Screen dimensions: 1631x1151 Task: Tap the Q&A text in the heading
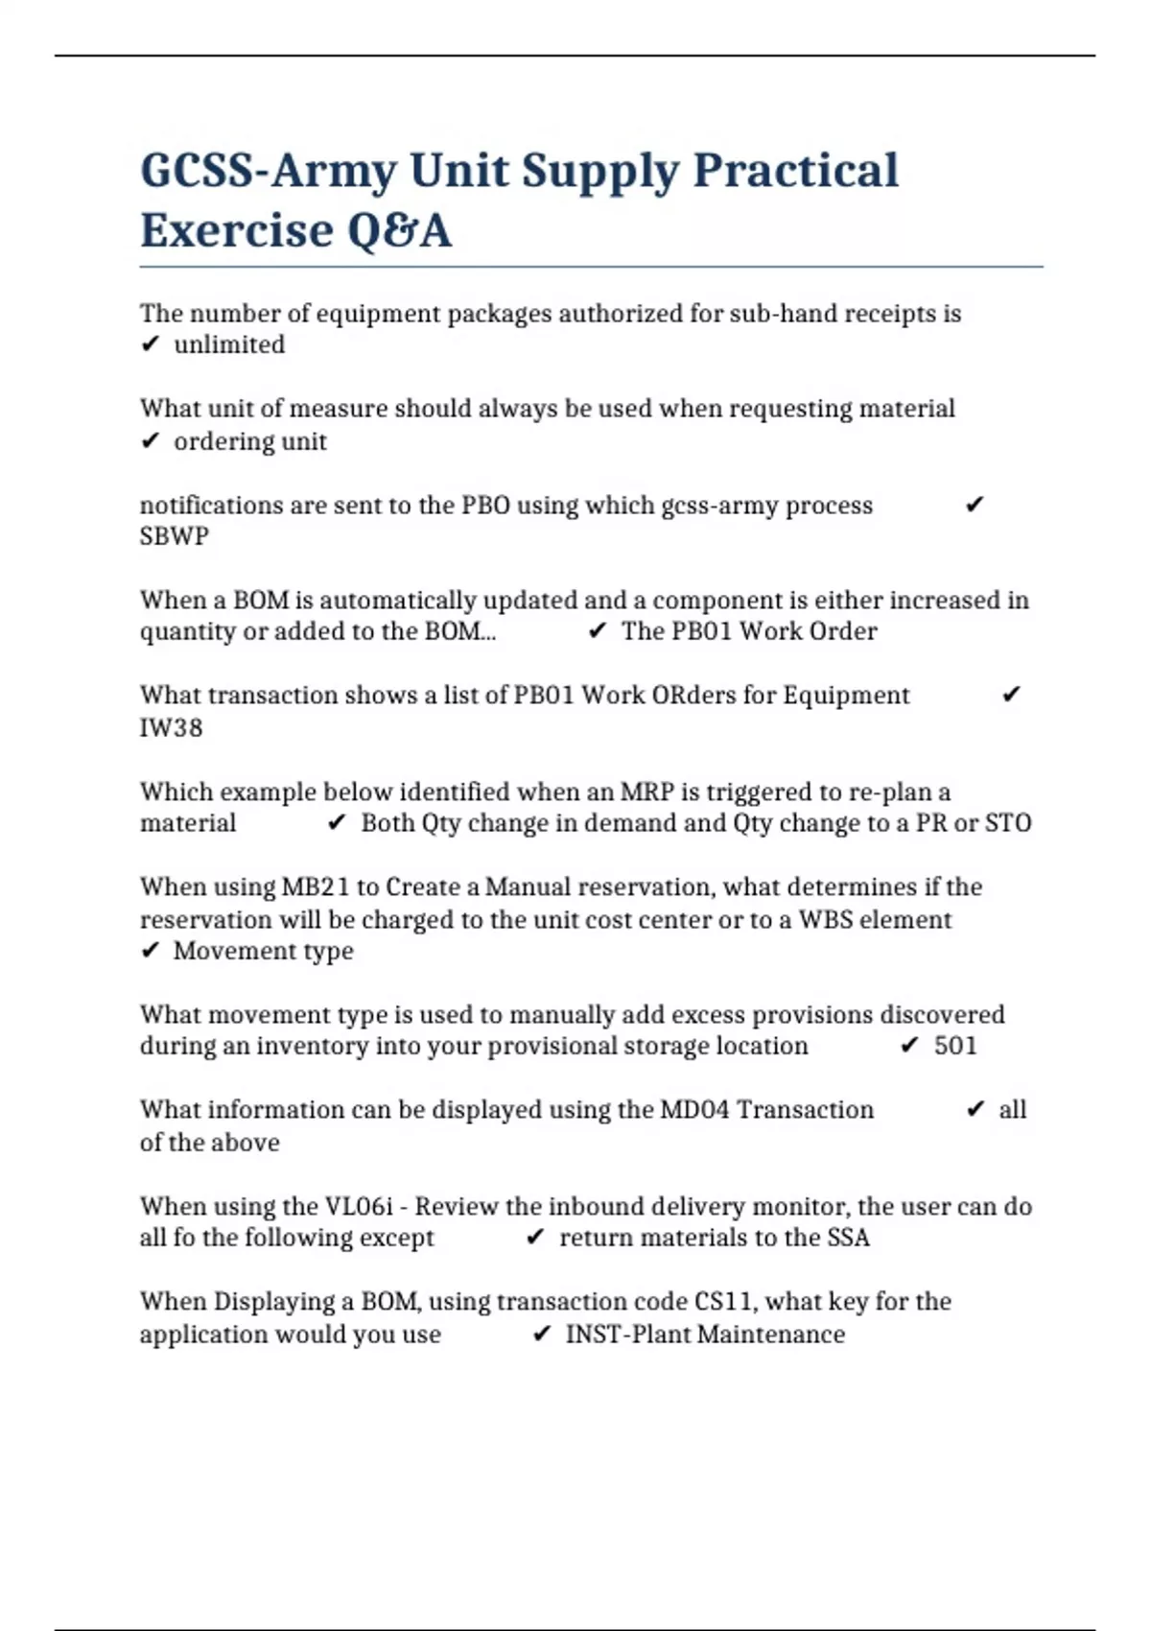[x=399, y=231]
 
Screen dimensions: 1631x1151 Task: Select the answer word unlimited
[x=229, y=345]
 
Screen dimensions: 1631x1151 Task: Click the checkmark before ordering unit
[x=150, y=441]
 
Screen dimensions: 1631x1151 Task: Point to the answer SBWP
[x=174, y=536]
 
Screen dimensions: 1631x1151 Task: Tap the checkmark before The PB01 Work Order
[x=598, y=631]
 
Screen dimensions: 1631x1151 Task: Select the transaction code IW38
[x=171, y=728]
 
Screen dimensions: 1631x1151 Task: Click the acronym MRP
[x=646, y=792]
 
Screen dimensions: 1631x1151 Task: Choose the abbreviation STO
[x=1008, y=823]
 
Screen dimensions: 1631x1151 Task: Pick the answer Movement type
[x=263, y=952]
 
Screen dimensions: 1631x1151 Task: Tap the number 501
[x=955, y=1046]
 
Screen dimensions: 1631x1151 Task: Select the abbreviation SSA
[x=847, y=1238]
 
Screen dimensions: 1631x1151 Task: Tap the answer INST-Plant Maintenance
[x=705, y=1335]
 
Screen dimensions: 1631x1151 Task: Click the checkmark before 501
[x=909, y=1046]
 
